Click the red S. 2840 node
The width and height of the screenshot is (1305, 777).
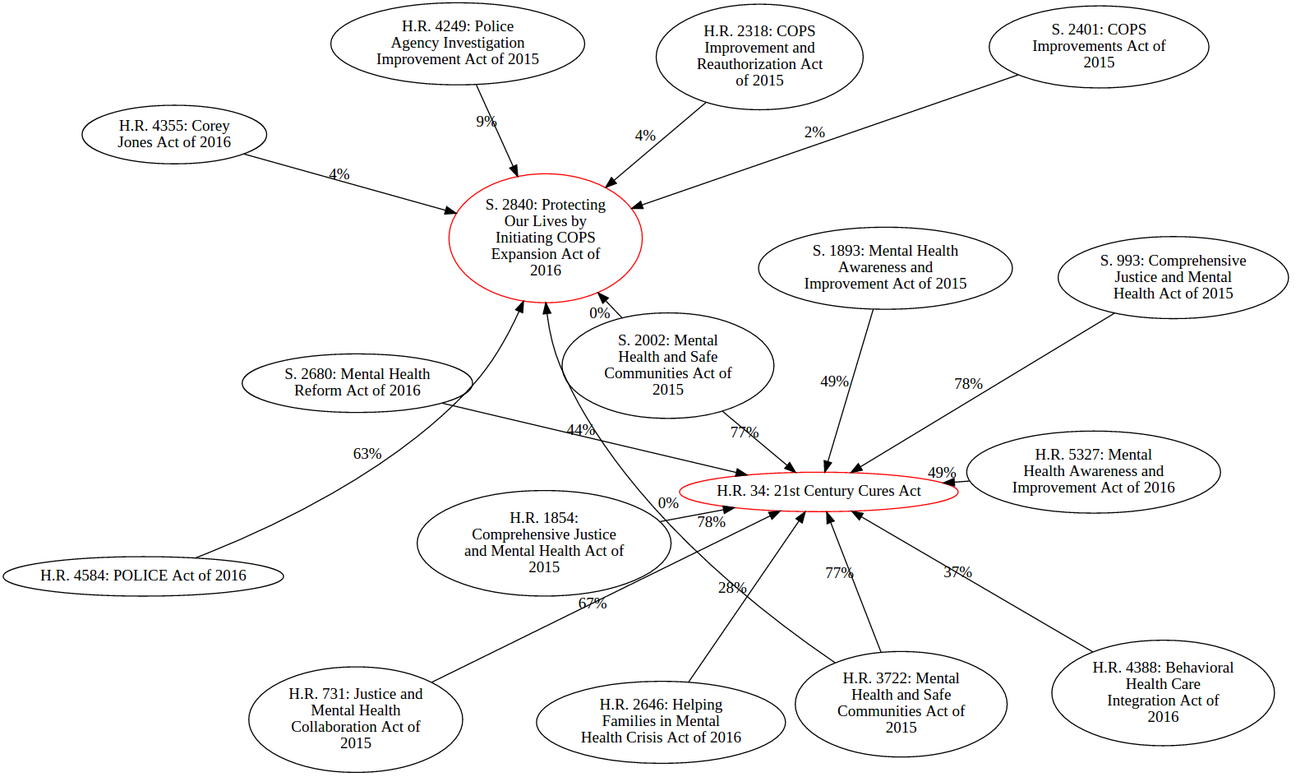tap(545, 238)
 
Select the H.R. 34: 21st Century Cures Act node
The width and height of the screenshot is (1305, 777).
tap(819, 491)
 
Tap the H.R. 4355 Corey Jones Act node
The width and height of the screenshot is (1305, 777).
tap(174, 134)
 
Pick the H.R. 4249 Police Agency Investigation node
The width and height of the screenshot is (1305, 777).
tap(458, 43)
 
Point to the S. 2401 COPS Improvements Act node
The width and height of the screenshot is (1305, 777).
tap(1099, 46)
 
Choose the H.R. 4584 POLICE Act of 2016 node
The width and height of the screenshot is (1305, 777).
tap(143, 576)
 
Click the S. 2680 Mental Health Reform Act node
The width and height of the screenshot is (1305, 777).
tap(357, 382)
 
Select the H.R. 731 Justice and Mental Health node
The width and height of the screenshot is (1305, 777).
tap(355, 719)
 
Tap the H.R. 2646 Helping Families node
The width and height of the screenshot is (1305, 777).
tap(661, 721)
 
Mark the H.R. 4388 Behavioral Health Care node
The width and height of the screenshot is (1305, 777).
tap(1163, 692)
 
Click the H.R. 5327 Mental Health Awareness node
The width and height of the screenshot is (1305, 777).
tap(1093, 471)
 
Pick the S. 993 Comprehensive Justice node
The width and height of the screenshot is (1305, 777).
tap(1173, 277)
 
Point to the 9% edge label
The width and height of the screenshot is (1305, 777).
tap(486, 122)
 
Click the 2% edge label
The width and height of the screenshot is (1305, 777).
tap(814, 132)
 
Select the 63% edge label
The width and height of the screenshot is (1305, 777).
tap(367, 454)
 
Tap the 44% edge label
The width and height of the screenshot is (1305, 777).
tap(580, 430)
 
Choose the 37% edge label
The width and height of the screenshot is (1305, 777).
tap(957, 572)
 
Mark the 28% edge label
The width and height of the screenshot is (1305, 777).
tap(732, 588)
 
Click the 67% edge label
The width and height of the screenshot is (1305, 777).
tap(593, 604)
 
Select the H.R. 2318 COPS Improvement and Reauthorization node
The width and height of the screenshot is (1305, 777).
tap(759, 56)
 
